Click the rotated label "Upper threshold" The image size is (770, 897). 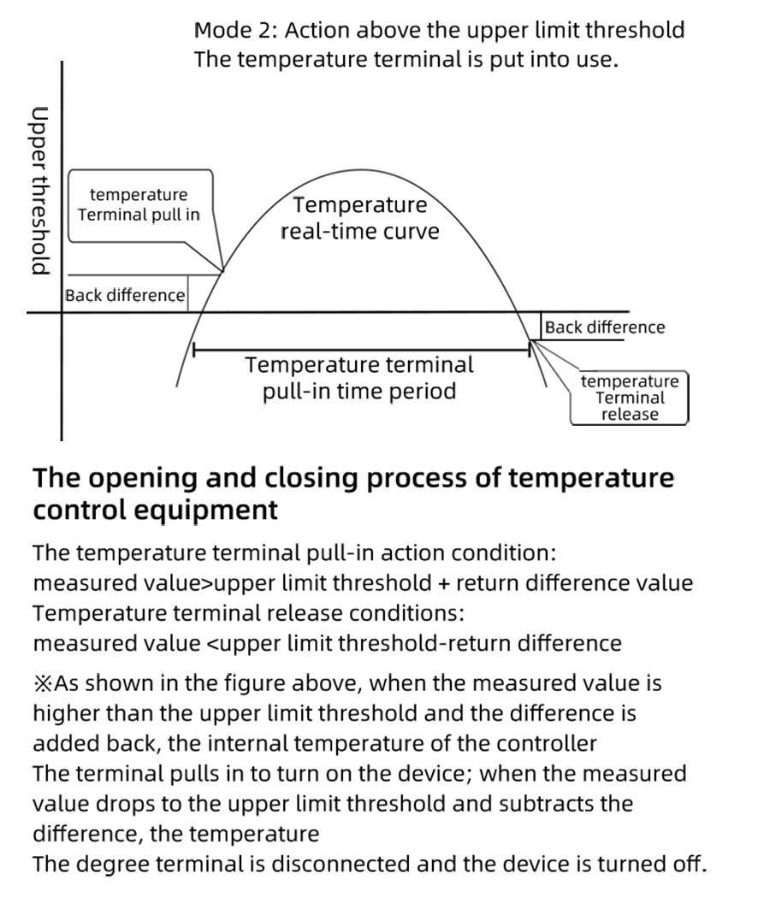(x=38, y=190)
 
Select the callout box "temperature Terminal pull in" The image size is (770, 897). (x=139, y=205)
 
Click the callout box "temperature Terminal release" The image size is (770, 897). (x=629, y=398)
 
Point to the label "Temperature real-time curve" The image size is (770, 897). (x=359, y=218)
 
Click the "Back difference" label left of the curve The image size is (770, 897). (x=125, y=296)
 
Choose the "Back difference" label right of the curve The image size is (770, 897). (x=604, y=328)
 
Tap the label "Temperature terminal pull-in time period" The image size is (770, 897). (x=359, y=378)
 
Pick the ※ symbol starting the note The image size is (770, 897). (x=43, y=684)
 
